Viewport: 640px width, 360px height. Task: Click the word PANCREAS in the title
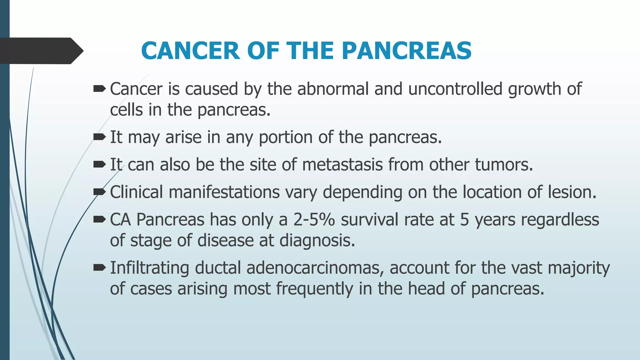click(x=407, y=51)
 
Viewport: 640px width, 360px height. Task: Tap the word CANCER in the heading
click(x=191, y=51)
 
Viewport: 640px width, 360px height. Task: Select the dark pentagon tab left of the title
click(x=41, y=51)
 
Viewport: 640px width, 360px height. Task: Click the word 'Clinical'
click(x=136, y=192)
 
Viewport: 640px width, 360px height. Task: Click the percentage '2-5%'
click(x=314, y=220)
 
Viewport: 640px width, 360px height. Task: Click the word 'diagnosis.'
click(x=317, y=241)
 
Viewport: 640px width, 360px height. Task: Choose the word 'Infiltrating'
click(x=149, y=268)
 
